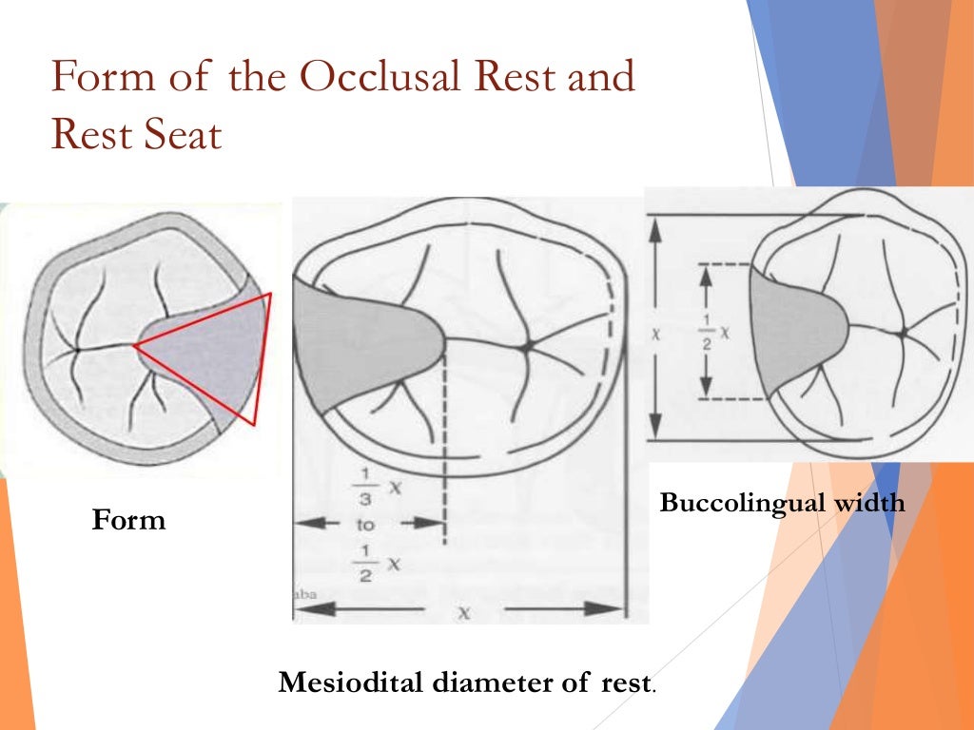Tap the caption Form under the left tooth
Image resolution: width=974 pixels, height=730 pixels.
click(128, 520)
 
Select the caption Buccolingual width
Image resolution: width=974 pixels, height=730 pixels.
click(782, 503)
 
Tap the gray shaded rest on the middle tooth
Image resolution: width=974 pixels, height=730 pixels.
click(361, 342)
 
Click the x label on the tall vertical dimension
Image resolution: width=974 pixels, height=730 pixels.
click(655, 334)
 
